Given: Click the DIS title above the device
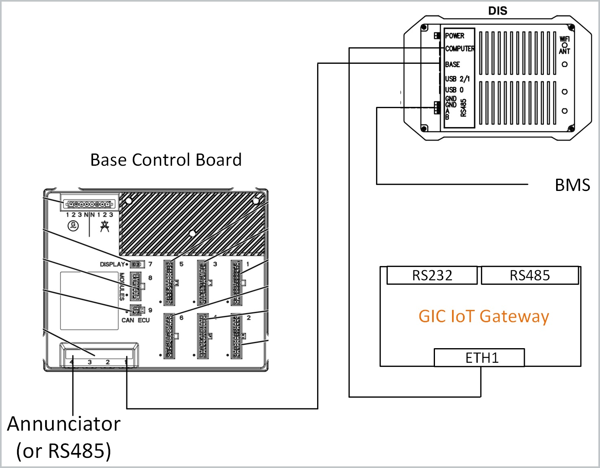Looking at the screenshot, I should tap(498, 11).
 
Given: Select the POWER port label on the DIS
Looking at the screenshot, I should tap(454, 36).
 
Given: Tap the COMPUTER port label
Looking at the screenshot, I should tap(460, 49).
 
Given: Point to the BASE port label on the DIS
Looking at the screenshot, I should tap(452, 65).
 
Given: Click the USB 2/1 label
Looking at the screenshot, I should tap(457, 79).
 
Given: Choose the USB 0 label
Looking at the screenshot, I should tap(454, 90).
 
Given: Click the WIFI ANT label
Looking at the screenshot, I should tap(564, 45).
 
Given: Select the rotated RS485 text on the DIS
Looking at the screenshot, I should tap(463, 108).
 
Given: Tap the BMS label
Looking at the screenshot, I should tap(572, 185).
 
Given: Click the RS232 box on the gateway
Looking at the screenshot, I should tap(432, 275).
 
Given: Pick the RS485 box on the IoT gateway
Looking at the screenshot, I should tap(530, 275).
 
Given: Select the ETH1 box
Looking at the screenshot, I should tap(482, 358).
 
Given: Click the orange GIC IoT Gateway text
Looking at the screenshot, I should tap(484, 316).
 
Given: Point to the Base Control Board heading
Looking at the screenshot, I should tap(166, 160).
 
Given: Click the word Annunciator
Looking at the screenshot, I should tap(64, 424).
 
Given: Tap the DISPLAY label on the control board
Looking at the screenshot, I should tap(112, 264).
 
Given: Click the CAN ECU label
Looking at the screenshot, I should tap(135, 320).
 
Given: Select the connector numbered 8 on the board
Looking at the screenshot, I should tap(136, 286).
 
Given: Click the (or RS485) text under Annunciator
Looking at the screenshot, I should tap(63, 451).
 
